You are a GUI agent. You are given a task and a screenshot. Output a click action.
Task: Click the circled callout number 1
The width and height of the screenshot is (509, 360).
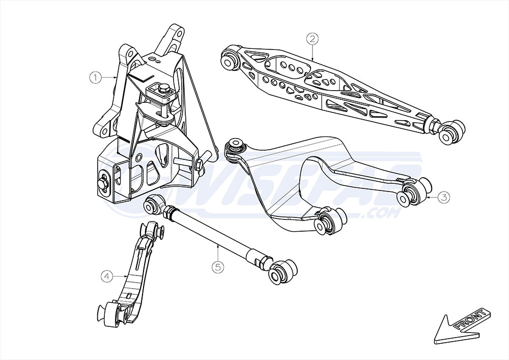click(94, 78)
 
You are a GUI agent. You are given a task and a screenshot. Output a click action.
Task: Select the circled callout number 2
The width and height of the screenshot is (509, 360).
click(312, 39)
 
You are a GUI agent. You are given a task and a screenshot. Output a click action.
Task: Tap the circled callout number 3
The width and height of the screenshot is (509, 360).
click(443, 197)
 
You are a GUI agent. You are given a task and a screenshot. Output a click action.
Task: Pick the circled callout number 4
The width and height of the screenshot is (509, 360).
click(107, 276)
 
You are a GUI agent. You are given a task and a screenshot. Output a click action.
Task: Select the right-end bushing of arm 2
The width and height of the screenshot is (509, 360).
click(453, 129)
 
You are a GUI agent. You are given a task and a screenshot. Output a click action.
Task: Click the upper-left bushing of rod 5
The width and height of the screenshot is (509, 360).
click(154, 204)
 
